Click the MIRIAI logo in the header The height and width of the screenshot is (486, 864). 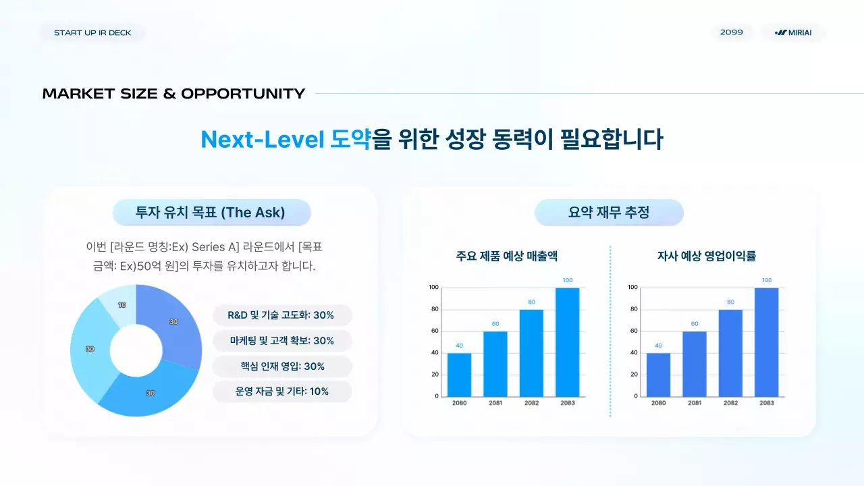pyautogui.click(x=794, y=32)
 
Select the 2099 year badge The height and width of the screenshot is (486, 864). pyautogui.click(x=732, y=32)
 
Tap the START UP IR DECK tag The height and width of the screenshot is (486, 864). pyautogui.click(x=92, y=32)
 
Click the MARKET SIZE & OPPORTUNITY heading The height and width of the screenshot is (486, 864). pyautogui.click(x=173, y=94)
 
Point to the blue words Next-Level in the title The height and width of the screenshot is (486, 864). pyautogui.click(x=263, y=139)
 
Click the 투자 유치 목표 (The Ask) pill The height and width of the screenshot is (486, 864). pyautogui.click(x=211, y=213)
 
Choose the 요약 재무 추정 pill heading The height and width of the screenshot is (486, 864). pyautogui.click(x=609, y=213)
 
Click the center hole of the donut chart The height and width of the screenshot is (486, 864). pyautogui.click(x=136, y=350)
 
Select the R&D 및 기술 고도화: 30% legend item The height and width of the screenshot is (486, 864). pyautogui.click(x=281, y=315)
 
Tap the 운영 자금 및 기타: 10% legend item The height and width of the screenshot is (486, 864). pyautogui.click(x=281, y=391)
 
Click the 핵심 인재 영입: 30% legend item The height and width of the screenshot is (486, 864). pyautogui.click(x=281, y=367)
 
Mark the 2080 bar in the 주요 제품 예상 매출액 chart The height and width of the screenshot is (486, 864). pyautogui.click(x=459, y=375)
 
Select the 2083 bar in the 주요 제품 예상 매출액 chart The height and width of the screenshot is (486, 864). pyautogui.click(x=568, y=342)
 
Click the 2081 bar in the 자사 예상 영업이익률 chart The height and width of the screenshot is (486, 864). pyautogui.click(x=695, y=364)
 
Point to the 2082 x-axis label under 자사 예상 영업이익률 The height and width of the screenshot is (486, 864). pyautogui.click(x=730, y=403)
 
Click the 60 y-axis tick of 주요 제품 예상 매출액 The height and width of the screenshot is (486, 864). pyautogui.click(x=435, y=331)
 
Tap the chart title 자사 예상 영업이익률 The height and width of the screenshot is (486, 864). pyautogui.click(x=706, y=256)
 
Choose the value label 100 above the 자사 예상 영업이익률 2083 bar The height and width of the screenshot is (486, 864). pyautogui.click(x=767, y=280)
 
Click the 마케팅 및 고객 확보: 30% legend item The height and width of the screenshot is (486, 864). pyautogui.click(x=281, y=341)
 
